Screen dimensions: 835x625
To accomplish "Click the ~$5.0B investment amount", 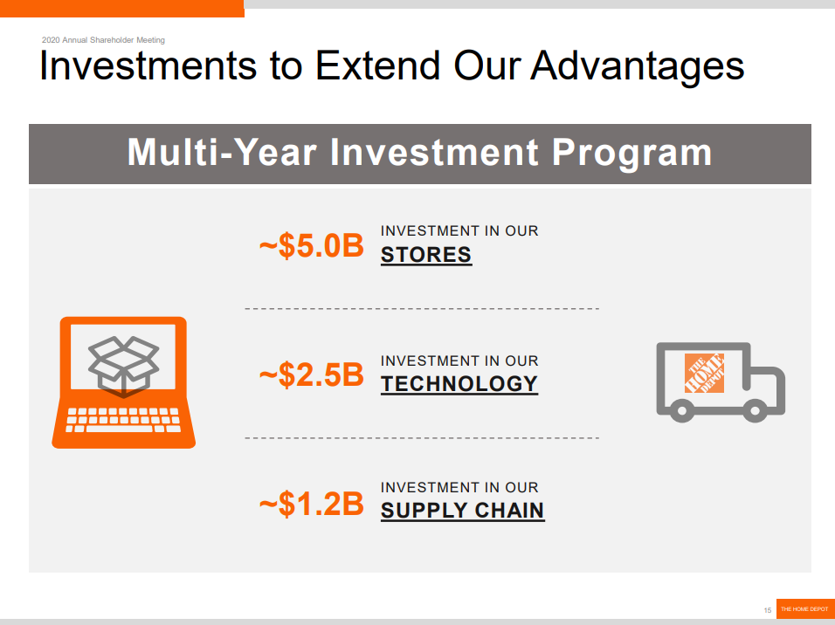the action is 312,246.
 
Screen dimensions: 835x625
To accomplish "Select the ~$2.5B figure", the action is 312,374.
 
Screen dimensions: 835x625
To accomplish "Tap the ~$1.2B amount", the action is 312,504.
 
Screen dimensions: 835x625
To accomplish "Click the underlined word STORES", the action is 426,255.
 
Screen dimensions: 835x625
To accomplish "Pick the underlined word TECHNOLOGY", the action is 459,384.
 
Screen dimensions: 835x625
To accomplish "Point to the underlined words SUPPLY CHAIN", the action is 462,511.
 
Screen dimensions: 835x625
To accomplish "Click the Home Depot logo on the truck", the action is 704,374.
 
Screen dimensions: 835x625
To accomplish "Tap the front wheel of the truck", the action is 756,411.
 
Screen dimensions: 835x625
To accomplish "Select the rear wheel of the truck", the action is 681,411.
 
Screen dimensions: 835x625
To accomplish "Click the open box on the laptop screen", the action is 123,367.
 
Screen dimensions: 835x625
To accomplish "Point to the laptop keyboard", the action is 123,420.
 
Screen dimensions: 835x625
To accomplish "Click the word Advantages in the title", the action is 637,66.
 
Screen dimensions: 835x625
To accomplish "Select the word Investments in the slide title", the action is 148,65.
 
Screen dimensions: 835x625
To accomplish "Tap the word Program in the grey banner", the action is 631,154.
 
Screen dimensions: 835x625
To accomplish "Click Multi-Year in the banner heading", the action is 223,153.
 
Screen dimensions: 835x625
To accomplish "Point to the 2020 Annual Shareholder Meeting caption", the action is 103,40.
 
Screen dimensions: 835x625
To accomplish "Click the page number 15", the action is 768,610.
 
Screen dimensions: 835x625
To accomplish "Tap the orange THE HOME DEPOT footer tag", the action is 805,608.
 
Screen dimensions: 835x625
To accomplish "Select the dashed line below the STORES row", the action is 422,309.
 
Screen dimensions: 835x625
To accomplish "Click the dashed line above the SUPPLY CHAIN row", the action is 422,438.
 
